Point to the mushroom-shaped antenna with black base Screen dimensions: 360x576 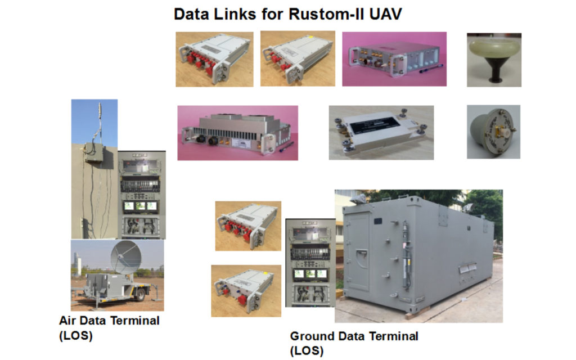(x=493, y=59)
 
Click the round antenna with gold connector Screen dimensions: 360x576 (x=493, y=132)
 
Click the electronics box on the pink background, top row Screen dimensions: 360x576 (x=393, y=58)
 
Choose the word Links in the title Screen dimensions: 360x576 (x=236, y=14)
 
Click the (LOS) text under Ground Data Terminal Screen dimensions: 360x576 (x=307, y=351)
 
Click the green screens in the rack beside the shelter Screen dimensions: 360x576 (x=310, y=274)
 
